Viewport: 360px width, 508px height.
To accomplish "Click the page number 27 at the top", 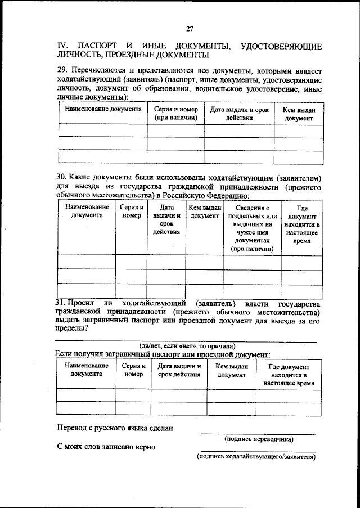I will pyautogui.click(x=190, y=29).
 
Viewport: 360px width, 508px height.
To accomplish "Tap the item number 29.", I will pyautogui.click(x=62, y=70).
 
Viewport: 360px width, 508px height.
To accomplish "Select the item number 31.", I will pyautogui.click(x=62, y=303).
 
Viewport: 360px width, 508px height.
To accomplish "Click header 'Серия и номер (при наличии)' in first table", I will pyautogui.click(x=175, y=114).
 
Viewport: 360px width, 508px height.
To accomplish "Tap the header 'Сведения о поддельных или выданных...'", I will pyautogui.click(x=252, y=228).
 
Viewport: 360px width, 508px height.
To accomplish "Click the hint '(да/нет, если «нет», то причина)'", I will pyautogui.click(x=187, y=345).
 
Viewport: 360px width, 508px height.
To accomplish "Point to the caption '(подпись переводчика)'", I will pyautogui.click(x=258, y=438).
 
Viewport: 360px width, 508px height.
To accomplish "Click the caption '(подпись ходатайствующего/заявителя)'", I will pyautogui.click(x=256, y=457).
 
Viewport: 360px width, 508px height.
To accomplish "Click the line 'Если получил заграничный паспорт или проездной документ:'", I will pyautogui.click(x=163, y=354).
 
